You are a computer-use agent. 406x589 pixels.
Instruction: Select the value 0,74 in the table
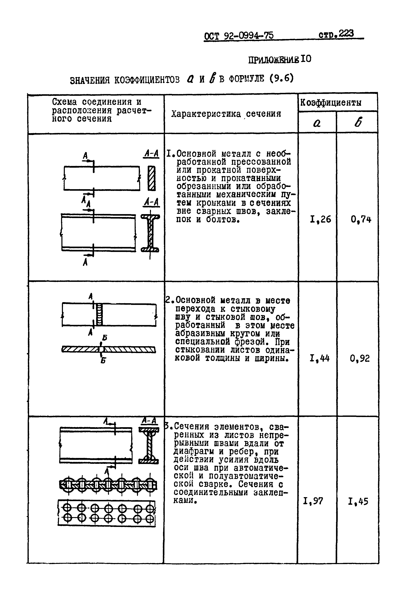tap(361, 219)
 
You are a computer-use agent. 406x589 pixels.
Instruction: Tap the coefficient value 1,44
tap(320, 359)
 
